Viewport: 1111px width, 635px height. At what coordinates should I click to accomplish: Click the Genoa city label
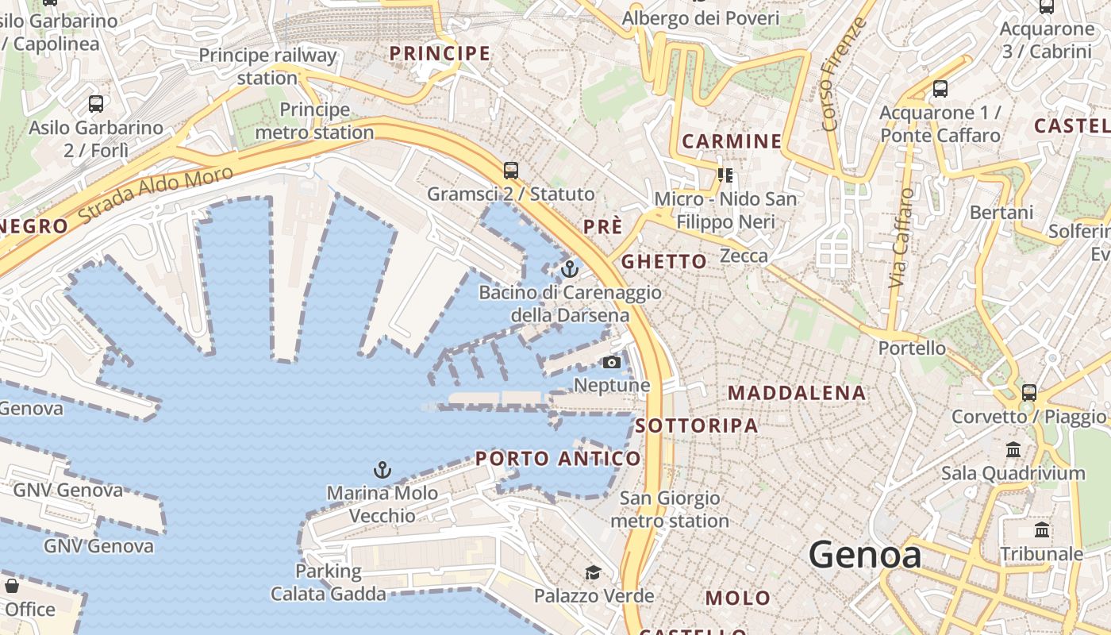point(865,554)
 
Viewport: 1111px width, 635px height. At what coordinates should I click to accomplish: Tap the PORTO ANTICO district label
point(558,459)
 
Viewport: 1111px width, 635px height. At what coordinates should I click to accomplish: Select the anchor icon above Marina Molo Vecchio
point(383,470)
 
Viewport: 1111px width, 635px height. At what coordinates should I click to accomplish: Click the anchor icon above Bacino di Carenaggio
point(569,270)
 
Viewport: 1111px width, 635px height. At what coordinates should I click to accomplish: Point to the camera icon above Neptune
point(612,363)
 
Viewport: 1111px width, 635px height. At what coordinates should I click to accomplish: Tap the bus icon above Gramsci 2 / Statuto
point(511,171)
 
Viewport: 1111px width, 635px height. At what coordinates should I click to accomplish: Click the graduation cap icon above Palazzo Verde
point(593,572)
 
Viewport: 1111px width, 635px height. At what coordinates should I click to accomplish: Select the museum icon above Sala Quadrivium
point(1013,450)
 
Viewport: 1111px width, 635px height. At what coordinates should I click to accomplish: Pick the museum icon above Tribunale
point(1042,530)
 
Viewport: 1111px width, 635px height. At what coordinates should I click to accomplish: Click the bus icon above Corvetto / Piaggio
point(1029,392)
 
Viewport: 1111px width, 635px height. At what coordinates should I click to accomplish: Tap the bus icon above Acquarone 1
point(940,89)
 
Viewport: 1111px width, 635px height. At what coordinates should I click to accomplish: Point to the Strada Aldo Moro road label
point(156,194)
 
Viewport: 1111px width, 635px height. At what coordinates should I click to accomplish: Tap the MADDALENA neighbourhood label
point(797,393)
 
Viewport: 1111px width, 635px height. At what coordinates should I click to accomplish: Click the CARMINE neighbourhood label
point(732,142)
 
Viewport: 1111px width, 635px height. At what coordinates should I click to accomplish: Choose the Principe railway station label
point(267,67)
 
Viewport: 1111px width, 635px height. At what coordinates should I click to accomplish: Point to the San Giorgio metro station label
point(670,510)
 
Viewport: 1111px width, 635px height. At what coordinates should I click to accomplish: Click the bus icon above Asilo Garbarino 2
point(96,104)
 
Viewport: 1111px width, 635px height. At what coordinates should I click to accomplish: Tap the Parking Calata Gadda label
point(329,582)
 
